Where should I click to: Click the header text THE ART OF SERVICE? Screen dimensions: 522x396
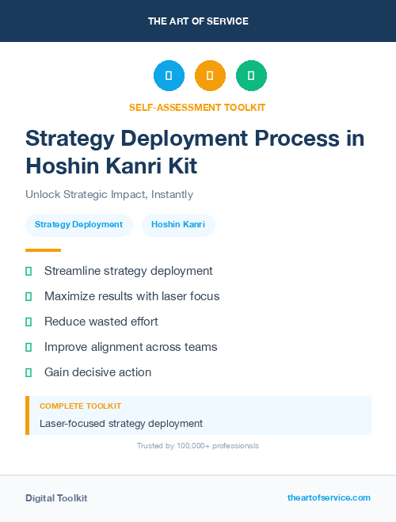pos(198,21)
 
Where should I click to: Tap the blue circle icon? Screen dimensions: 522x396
pos(169,76)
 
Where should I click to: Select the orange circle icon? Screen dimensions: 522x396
pos(210,76)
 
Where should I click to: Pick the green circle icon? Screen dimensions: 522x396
pos(251,76)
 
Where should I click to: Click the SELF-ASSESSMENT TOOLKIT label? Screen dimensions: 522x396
pos(198,107)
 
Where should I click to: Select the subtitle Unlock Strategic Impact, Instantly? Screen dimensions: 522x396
pos(109,194)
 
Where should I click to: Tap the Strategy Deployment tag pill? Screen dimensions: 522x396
pos(78,225)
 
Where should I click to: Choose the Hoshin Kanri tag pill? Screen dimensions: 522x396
pos(178,225)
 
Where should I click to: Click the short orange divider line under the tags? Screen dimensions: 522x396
pos(43,250)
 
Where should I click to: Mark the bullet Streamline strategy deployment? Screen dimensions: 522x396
pos(128,271)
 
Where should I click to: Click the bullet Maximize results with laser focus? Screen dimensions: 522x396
pos(131,296)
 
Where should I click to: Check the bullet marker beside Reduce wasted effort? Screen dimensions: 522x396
pos(29,322)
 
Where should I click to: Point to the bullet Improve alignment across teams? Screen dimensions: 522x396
pos(131,347)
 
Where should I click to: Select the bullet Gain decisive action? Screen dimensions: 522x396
pos(97,372)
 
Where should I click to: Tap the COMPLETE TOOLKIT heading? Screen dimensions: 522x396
pos(80,406)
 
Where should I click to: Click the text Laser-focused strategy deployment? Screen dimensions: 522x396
pos(121,424)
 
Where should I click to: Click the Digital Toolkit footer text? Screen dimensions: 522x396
pos(56,498)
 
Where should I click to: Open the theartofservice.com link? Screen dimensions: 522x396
pos(329,497)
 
